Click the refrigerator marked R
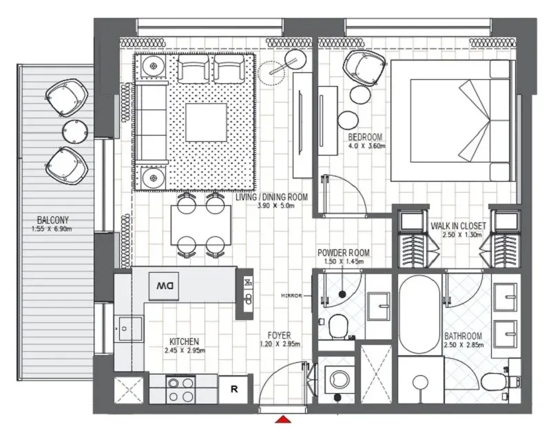click(234, 390)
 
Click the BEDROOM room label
click(365, 137)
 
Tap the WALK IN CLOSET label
click(459, 225)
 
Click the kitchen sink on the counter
click(127, 329)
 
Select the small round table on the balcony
click(72, 130)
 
